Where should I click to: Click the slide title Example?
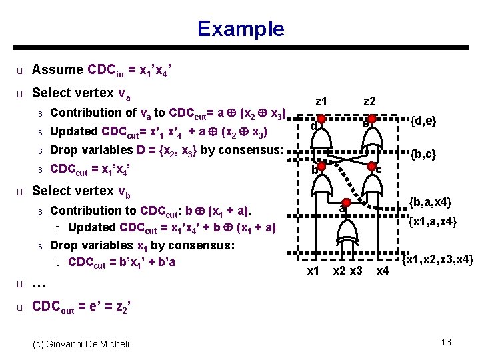(240, 29)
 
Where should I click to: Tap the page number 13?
(446, 342)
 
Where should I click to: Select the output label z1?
(321, 101)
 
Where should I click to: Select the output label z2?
(369, 101)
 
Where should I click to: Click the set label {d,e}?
(423, 121)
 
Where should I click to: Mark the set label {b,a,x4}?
(430, 202)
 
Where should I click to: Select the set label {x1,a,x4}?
(432, 221)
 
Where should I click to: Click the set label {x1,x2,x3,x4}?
(437, 259)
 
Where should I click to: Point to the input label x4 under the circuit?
(382, 271)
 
